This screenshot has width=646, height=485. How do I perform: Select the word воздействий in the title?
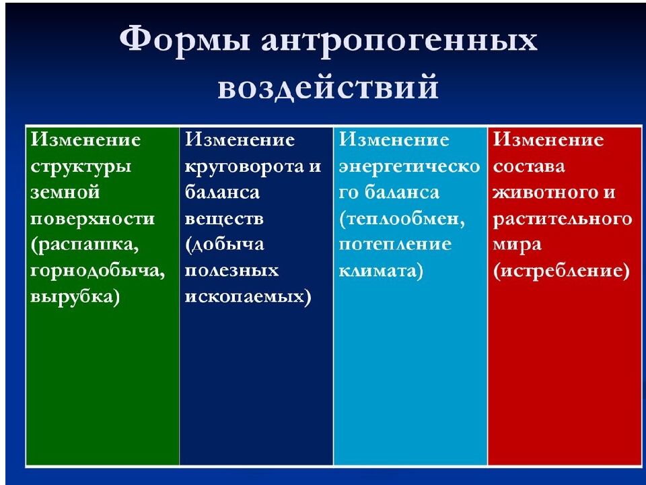click(328, 88)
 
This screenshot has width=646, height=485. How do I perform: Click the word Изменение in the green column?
click(85, 140)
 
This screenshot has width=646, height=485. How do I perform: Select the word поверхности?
click(92, 219)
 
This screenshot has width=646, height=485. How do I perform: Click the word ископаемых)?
click(248, 298)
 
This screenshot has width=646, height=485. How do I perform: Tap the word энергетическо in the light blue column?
click(409, 166)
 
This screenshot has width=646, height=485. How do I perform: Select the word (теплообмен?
click(402, 219)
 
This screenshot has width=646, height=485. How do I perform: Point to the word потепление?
click(395, 245)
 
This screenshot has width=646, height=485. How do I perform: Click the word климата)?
click(381, 271)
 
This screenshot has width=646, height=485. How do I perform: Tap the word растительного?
click(562, 219)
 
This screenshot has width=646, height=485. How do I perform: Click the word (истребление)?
click(561, 271)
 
